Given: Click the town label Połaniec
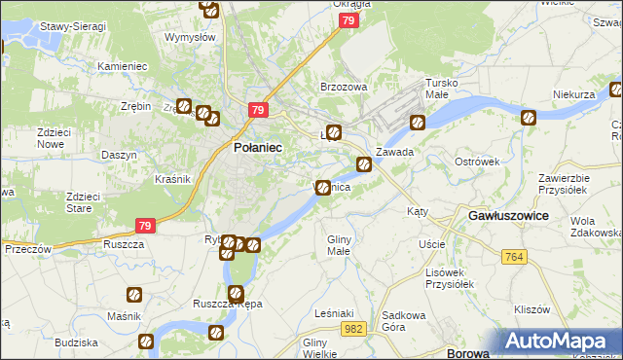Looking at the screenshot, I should [x=258, y=147].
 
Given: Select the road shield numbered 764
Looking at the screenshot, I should [x=515, y=256].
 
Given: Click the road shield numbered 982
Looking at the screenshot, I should [x=354, y=330].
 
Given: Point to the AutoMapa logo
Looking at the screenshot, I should [x=562, y=342].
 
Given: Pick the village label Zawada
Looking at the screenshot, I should [x=395, y=153].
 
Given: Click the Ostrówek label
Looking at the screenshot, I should [x=476, y=161].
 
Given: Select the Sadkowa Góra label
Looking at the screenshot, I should [x=406, y=320].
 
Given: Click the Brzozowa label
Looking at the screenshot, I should [x=344, y=87].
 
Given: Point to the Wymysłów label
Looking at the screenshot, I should [x=189, y=37].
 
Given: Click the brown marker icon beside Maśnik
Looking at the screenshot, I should [x=134, y=294].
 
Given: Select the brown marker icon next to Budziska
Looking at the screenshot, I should [x=145, y=342].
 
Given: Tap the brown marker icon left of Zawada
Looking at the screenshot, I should [x=363, y=164].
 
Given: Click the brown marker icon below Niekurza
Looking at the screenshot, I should [x=529, y=119].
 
